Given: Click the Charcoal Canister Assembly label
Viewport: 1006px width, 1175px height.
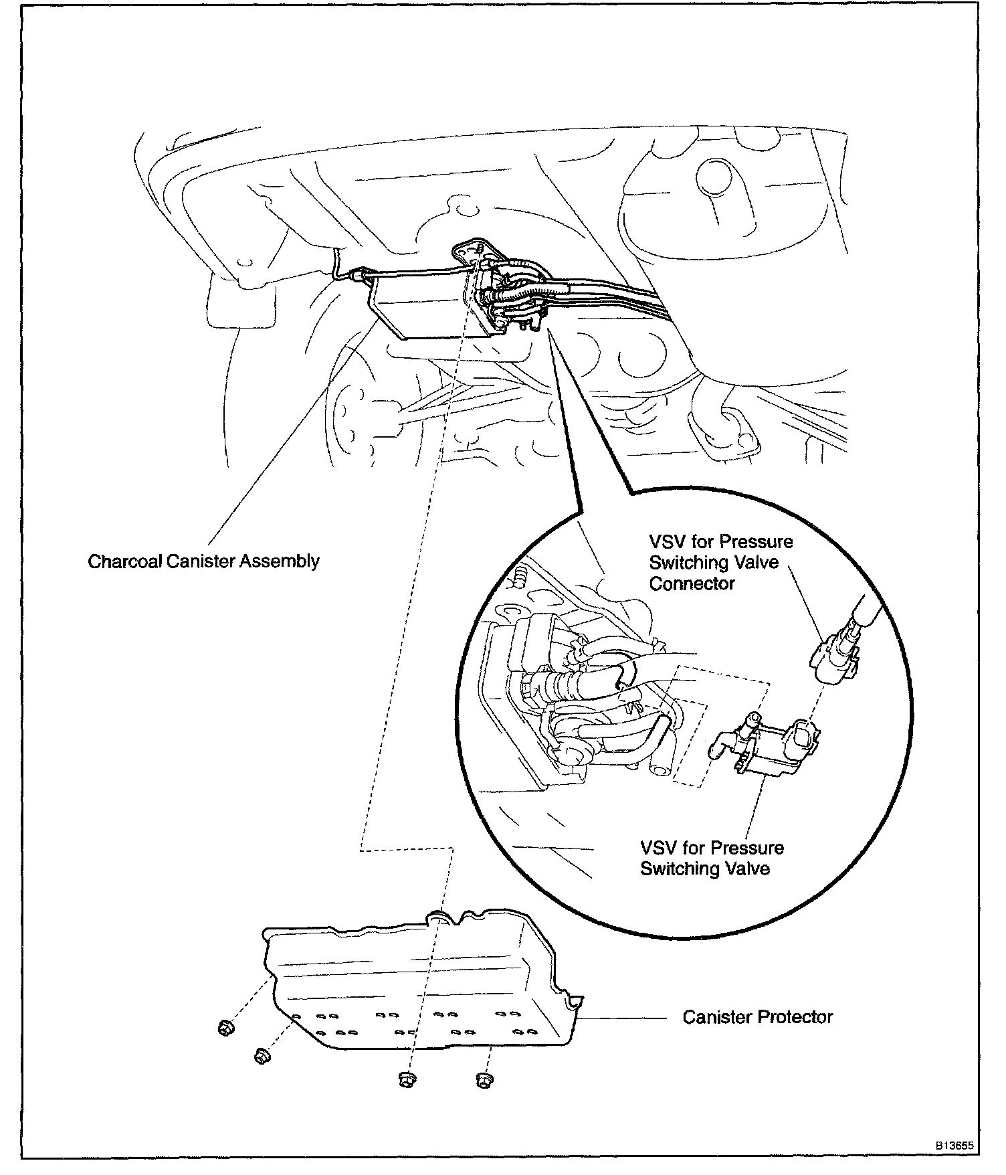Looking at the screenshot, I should click(x=203, y=561).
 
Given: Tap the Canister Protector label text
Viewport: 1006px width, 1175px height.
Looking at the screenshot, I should click(x=757, y=1017).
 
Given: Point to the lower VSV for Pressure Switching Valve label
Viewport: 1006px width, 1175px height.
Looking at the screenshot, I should click(x=712, y=858).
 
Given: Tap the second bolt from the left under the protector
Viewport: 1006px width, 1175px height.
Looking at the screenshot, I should click(x=262, y=1057).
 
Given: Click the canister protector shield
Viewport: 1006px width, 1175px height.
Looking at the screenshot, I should click(x=415, y=984).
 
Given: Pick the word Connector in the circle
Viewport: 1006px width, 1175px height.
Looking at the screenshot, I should click(x=692, y=583).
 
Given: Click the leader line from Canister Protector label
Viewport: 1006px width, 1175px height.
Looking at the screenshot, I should click(x=625, y=1018).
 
